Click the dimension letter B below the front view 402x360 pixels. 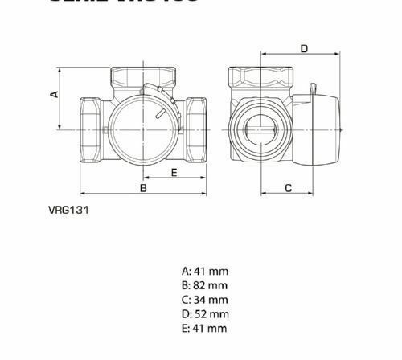click(143, 188)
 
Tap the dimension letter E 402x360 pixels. click(174, 172)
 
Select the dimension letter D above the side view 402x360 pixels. click(304, 49)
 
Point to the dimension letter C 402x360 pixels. click(288, 187)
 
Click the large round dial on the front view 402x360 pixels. click(140, 129)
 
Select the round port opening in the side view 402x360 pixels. click(260, 128)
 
